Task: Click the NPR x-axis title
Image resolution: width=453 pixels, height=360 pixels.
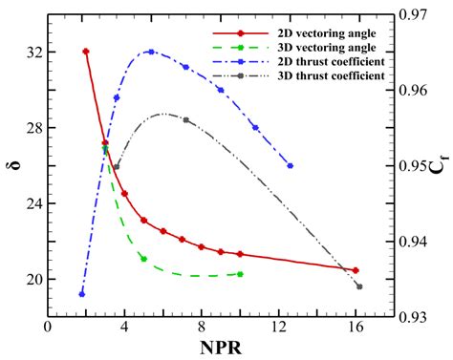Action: [220, 347]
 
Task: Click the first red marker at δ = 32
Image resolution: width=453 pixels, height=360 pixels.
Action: [86, 52]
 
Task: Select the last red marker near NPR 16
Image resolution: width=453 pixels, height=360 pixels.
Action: [356, 270]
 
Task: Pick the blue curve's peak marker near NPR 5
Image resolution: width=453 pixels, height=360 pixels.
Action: [151, 52]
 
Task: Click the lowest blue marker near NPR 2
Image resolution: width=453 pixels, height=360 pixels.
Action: [82, 293]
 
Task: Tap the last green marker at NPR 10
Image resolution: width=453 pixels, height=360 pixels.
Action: [240, 274]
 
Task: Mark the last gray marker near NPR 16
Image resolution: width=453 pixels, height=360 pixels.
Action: [359, 286]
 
